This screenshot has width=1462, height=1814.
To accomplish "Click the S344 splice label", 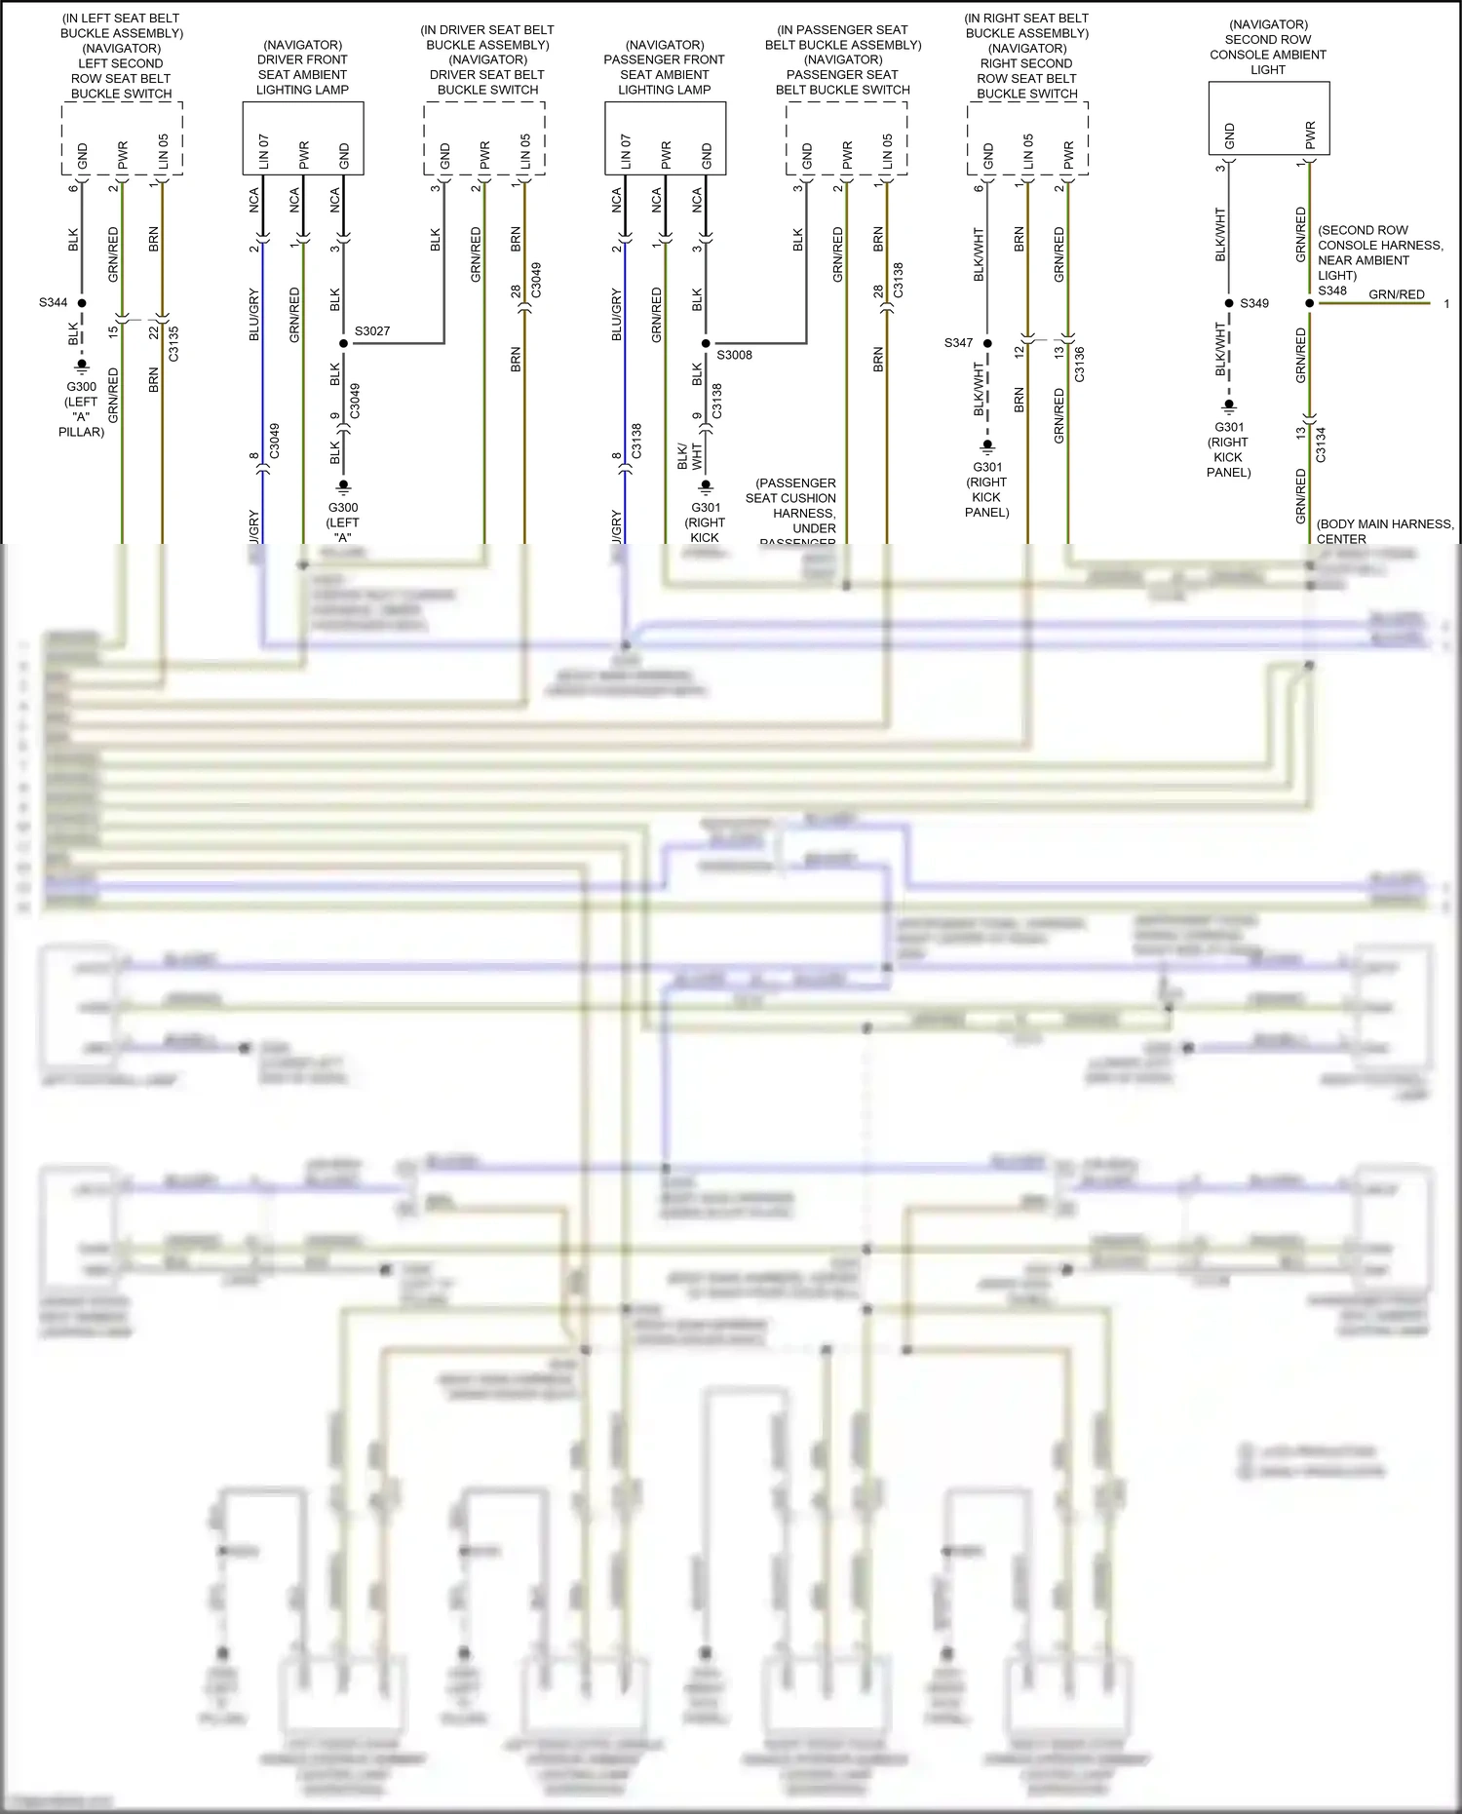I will coord(54,302).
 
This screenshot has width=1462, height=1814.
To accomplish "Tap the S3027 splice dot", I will coord(343,343).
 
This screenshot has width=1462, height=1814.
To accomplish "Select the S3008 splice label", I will coord(734,355).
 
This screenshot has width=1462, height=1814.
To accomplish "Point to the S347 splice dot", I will coord(987,343).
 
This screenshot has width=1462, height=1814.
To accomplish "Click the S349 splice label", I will coord(1254,303).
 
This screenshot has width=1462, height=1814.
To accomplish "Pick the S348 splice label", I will coord(1332,290).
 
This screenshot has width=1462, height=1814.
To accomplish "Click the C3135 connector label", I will coord(173,343).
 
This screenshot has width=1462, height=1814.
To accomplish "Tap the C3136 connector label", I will coord(1079,364).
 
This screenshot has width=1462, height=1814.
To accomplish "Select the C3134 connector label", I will coord(1321,444).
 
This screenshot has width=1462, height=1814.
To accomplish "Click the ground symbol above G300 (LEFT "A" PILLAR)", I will coord(82,366).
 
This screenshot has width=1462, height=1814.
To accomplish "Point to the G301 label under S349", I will coord(1229,427).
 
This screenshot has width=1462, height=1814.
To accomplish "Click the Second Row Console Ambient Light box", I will coord(1269,118).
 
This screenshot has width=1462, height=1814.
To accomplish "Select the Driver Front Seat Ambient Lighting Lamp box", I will coord(303,138).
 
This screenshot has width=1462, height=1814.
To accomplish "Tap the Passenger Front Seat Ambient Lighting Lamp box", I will coord(665,138).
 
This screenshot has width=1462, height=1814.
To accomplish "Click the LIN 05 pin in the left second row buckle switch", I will coord(163,153).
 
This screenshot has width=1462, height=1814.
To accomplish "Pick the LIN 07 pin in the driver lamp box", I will coord(263,153).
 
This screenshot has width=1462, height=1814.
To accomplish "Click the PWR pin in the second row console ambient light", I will coord(1310,135).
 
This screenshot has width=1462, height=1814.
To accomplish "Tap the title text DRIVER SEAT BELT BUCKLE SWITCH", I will coord(487,82).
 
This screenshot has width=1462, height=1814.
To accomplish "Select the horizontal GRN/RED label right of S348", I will coord(1396,294).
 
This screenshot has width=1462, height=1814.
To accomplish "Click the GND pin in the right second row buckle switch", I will coord(987,156).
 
